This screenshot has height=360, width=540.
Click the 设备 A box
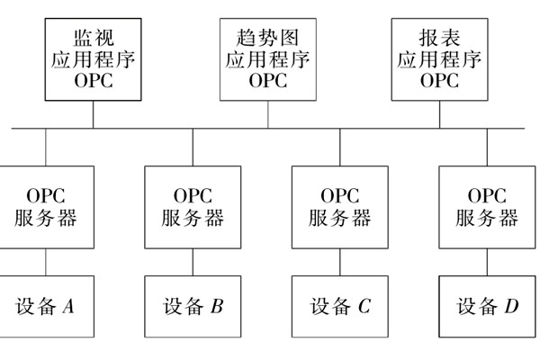[45, 307]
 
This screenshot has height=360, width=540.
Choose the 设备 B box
[193, 307]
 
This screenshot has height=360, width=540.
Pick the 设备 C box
[339, 307]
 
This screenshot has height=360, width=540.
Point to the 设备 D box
[487, 307]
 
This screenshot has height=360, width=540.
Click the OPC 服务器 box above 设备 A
[45, 207]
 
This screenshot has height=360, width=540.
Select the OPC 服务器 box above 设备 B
[193, 207]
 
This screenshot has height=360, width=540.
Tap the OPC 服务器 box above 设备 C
[339, 207]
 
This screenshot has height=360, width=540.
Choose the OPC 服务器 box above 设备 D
[487, 207]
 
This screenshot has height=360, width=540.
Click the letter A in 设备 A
[67, 307]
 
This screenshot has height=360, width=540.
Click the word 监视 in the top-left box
[94, 39]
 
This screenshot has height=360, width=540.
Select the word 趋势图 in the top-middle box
[267, 39]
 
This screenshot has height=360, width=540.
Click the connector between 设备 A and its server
[45, 262]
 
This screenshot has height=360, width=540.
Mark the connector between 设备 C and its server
[339, 262]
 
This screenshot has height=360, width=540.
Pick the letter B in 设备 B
[216, 307]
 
